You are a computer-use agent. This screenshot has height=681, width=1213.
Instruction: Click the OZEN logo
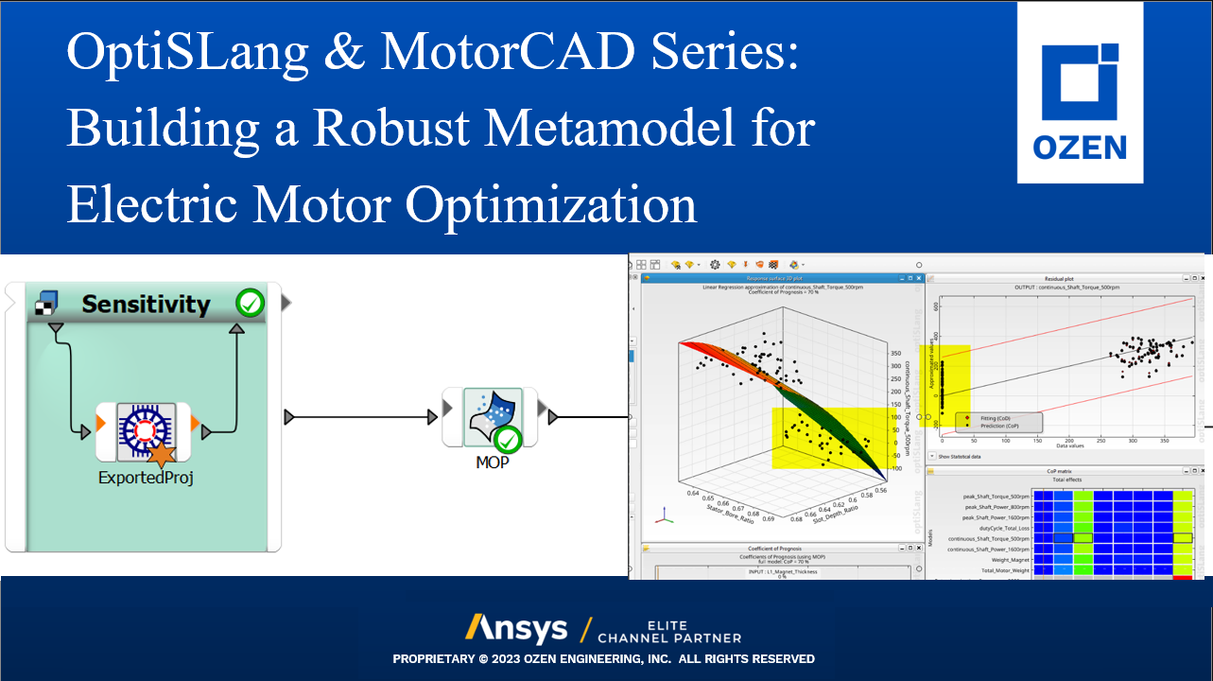(x=1080, y=92)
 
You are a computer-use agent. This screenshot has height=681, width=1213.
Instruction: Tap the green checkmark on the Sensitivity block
(x=251, y=304)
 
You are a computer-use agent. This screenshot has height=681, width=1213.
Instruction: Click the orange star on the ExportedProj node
(x=163, y=454)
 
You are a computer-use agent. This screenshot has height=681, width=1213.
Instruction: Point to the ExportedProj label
(x=146, y=478)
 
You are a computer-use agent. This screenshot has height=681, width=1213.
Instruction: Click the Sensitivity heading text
(x=146, y=304)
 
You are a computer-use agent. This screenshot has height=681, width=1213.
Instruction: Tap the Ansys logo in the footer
(x=516, y=628)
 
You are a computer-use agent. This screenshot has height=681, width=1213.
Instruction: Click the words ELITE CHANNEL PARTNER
(x=668, y=631)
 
